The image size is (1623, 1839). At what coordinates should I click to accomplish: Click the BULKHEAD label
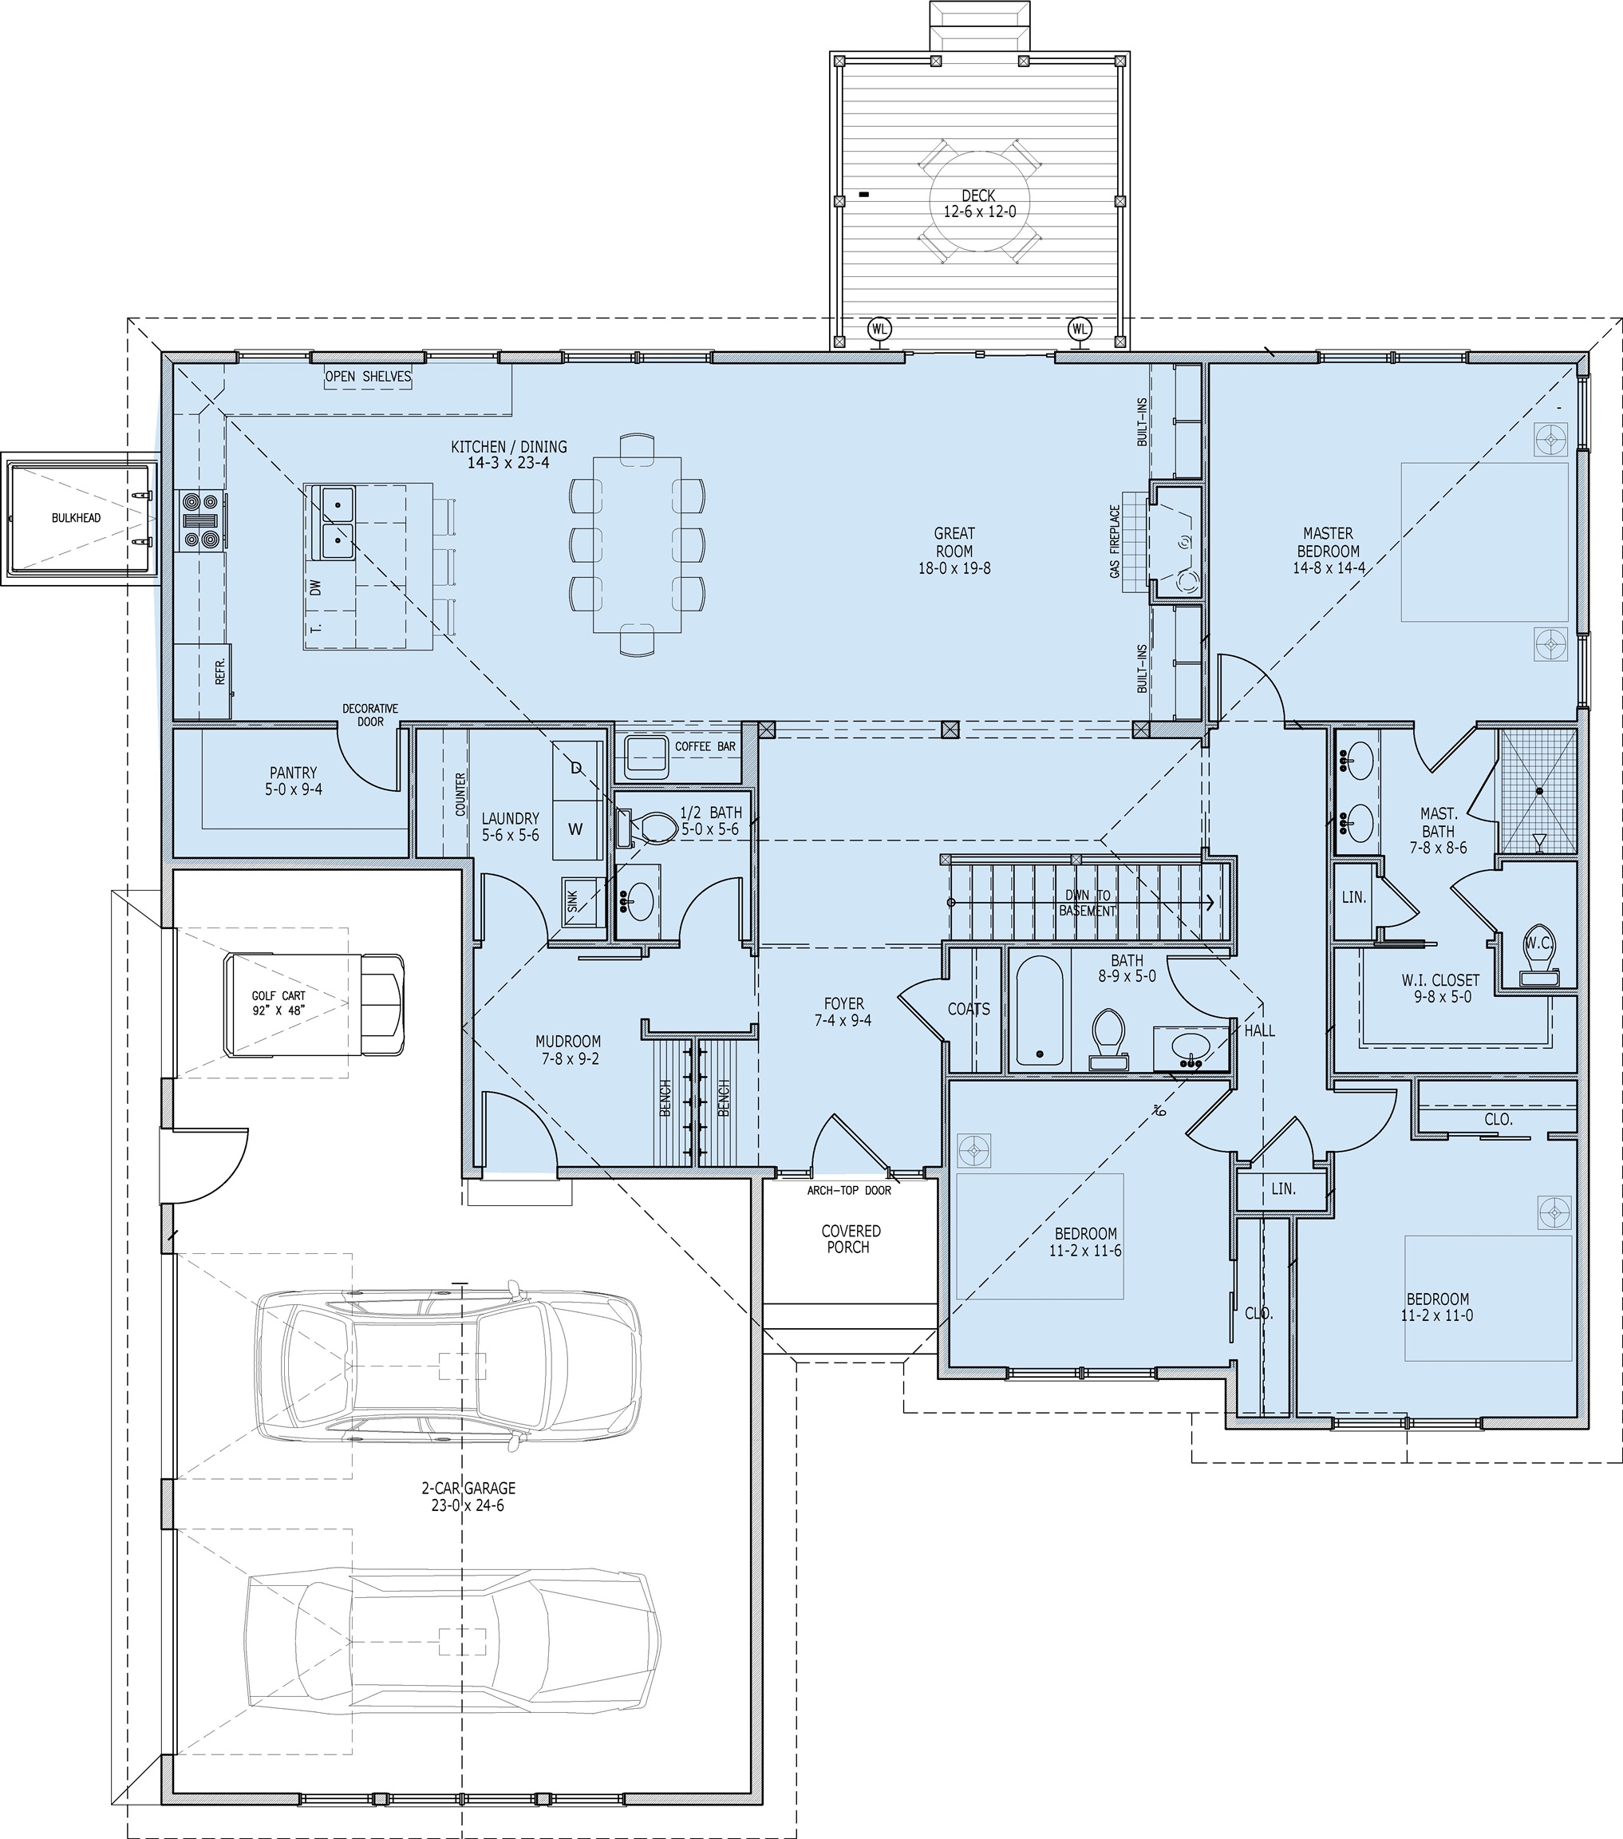76,517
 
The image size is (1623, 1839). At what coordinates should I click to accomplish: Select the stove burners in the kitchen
200,520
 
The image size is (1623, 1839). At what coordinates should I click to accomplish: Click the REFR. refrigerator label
221,671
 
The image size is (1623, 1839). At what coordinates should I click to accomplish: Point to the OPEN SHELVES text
368,376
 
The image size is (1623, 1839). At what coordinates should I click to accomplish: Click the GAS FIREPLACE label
1115,540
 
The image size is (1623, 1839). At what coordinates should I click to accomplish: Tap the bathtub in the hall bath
1039,1010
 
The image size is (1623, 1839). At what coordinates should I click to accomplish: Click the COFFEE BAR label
705,745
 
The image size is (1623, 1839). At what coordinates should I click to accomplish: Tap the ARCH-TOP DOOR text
848,1190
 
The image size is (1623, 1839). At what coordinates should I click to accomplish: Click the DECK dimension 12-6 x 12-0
979,212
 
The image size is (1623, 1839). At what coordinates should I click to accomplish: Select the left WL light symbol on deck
879,330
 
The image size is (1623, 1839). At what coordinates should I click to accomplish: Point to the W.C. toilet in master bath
1537,945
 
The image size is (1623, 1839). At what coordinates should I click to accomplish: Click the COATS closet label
968,1010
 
